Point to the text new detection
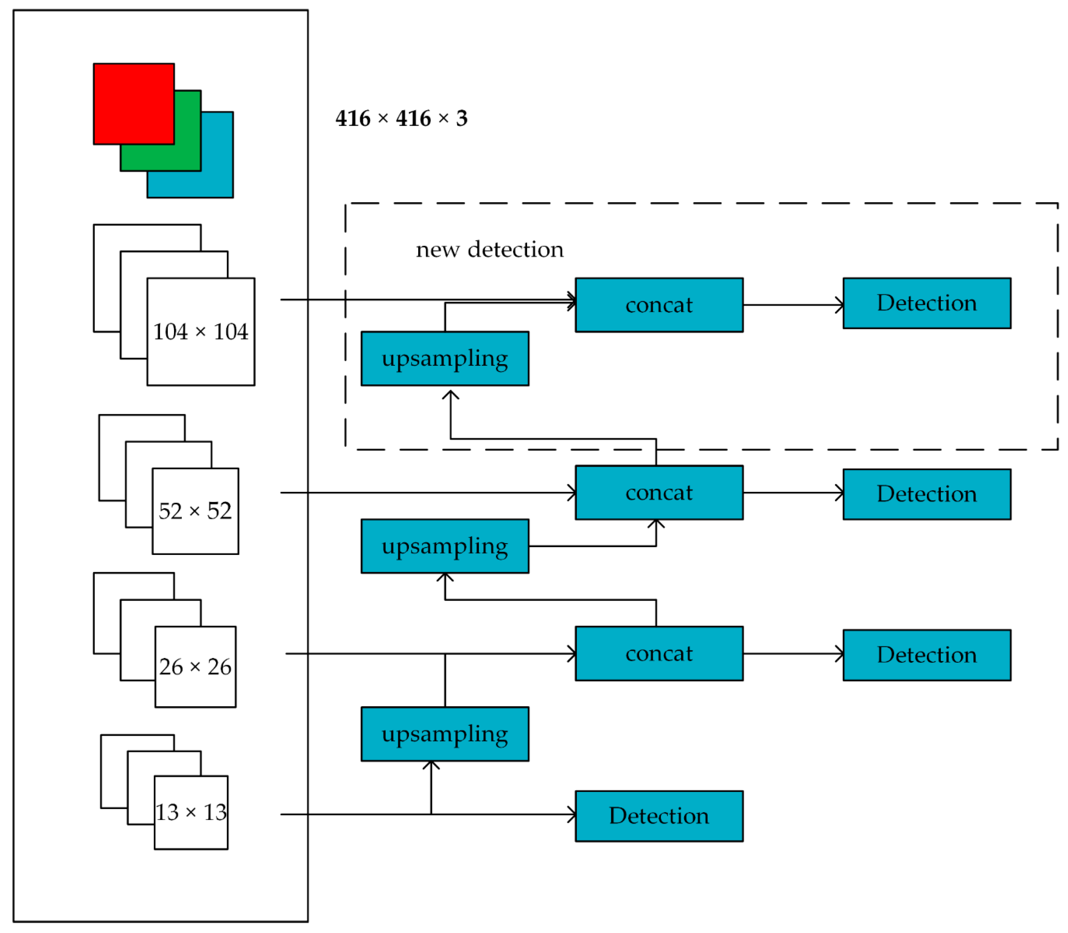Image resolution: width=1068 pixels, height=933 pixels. click(489, 250)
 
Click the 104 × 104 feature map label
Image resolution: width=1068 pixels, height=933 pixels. click(200, 332)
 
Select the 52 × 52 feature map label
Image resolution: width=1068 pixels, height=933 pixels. click(195, 511)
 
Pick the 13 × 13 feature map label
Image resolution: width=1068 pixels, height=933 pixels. click(191, 812)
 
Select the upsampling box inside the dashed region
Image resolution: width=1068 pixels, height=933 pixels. click(445, 358)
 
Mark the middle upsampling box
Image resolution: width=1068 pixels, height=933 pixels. click(445, 546)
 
